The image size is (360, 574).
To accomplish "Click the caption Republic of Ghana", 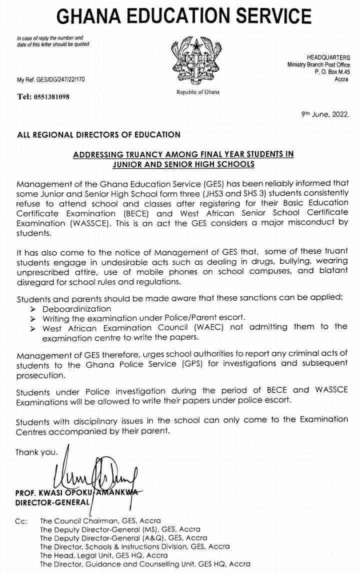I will tap(197, 92).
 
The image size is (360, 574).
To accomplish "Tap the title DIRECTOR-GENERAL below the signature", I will tap(51, 501).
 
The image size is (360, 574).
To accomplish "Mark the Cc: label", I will tap(21, 521).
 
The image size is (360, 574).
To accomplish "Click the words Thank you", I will tap(36, 452).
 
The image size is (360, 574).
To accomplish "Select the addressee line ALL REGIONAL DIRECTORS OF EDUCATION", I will tap(99, 134).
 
